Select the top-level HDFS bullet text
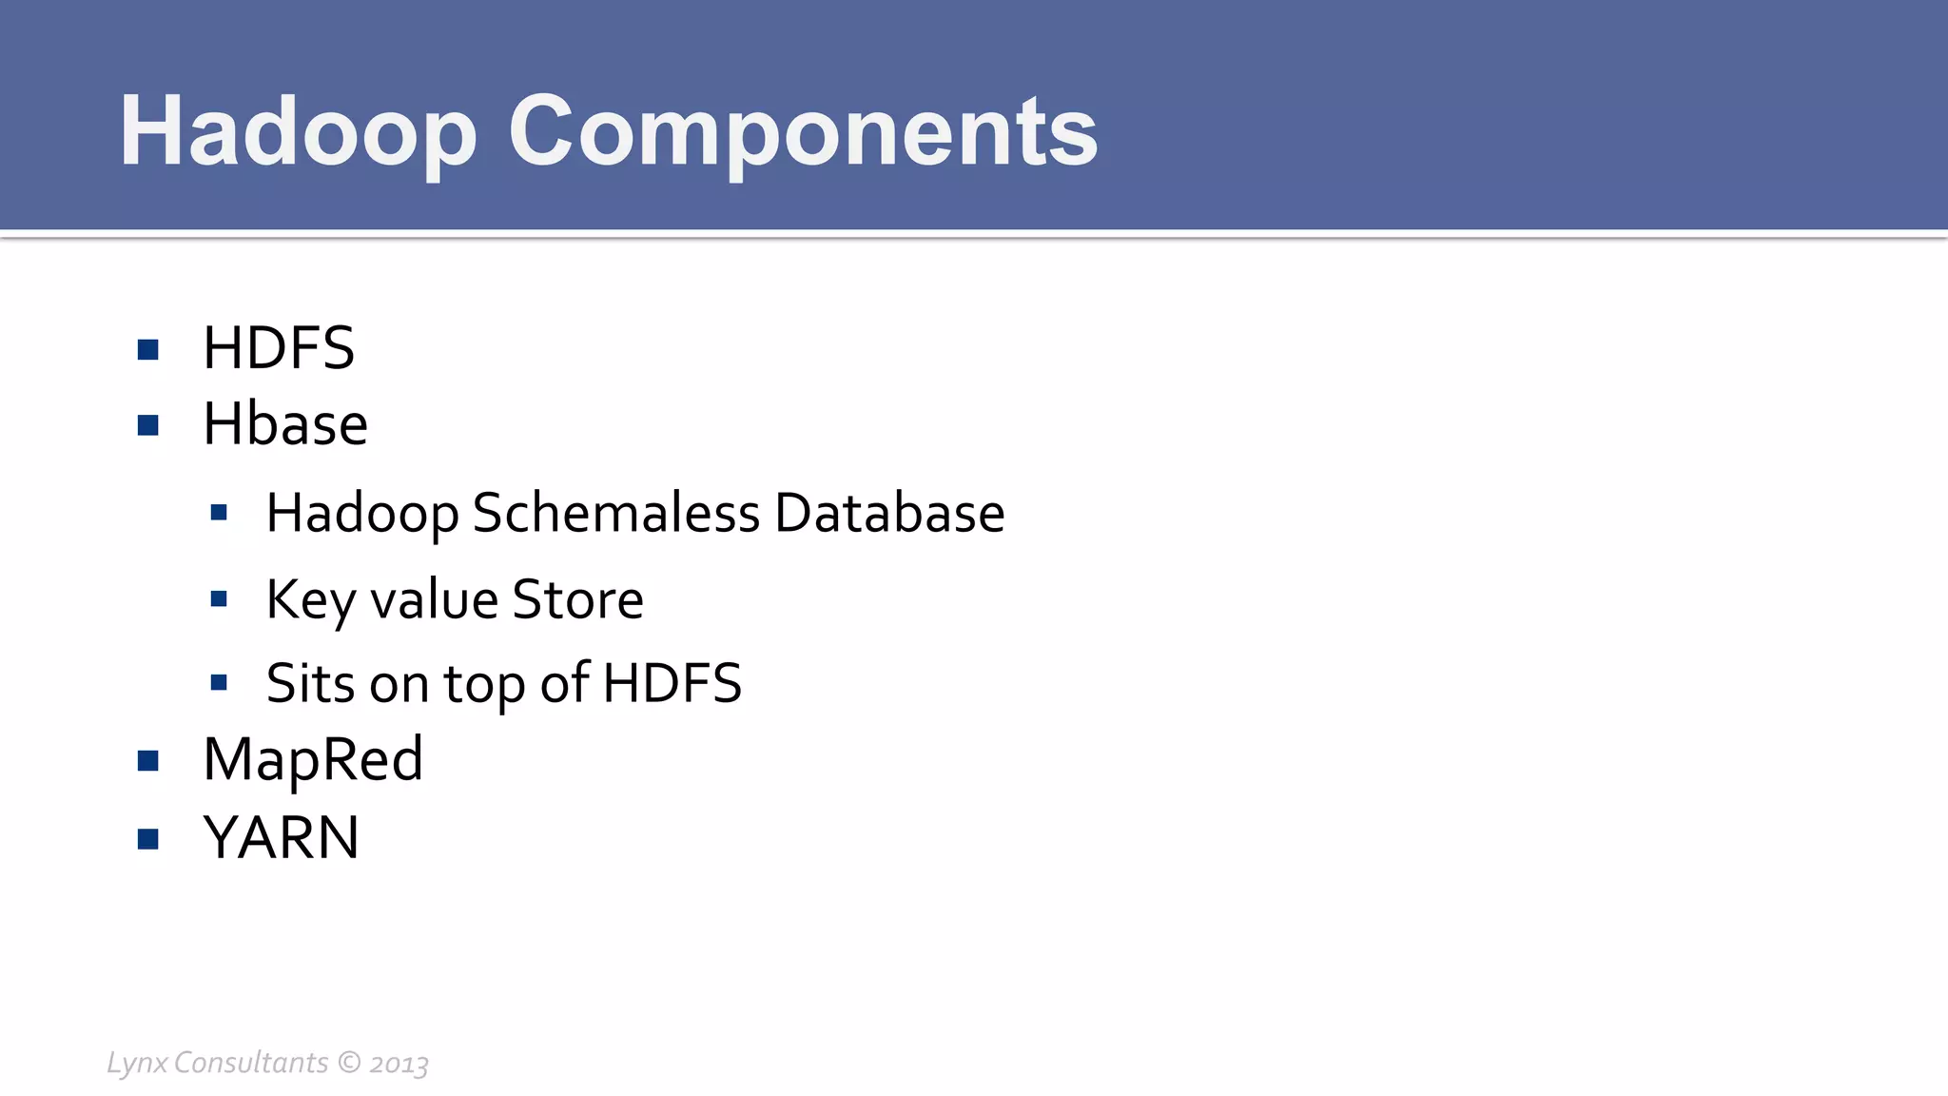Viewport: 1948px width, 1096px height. (279, 348)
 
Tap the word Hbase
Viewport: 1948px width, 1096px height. (285, 424)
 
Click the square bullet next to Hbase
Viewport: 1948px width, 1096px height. (147, 425)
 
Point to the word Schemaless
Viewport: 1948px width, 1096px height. (616, 514)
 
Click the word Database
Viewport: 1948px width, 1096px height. (889, 514)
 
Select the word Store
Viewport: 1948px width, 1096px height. (577, 600)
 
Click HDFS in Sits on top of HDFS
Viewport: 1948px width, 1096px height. (672, 684)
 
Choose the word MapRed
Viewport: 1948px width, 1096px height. (313, 760)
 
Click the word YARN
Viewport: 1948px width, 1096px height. (282, 838)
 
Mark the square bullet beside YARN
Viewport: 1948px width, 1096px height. (147, 839)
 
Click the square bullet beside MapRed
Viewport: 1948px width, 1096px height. (147, 761)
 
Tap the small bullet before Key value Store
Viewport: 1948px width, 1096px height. (219, 599)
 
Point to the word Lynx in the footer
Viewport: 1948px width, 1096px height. (137, 1063)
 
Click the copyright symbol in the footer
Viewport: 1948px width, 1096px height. (350, 1062)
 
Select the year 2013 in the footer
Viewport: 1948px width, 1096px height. (399, 1064)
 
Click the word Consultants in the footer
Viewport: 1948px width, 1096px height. (251, 1062)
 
